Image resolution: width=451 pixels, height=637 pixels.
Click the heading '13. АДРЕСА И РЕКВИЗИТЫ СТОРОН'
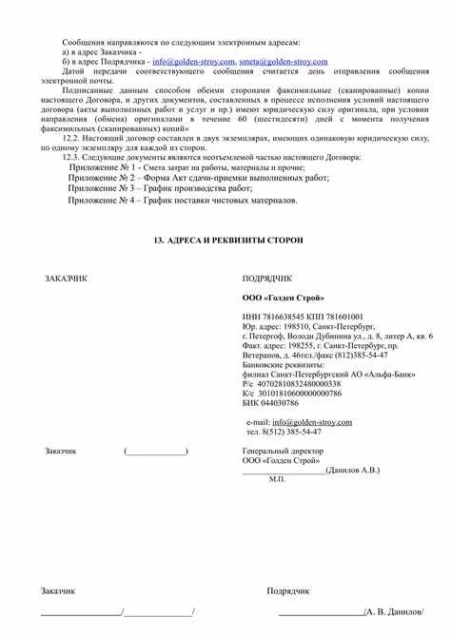[x=228, y=241]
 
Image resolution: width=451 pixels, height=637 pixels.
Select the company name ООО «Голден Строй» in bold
[x=281, y=298]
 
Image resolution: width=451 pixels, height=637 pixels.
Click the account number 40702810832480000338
[x=300, y=383]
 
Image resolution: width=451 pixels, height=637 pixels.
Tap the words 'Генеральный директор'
[x=283, y=450]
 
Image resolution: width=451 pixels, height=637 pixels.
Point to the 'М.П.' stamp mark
[x=277, y=479]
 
